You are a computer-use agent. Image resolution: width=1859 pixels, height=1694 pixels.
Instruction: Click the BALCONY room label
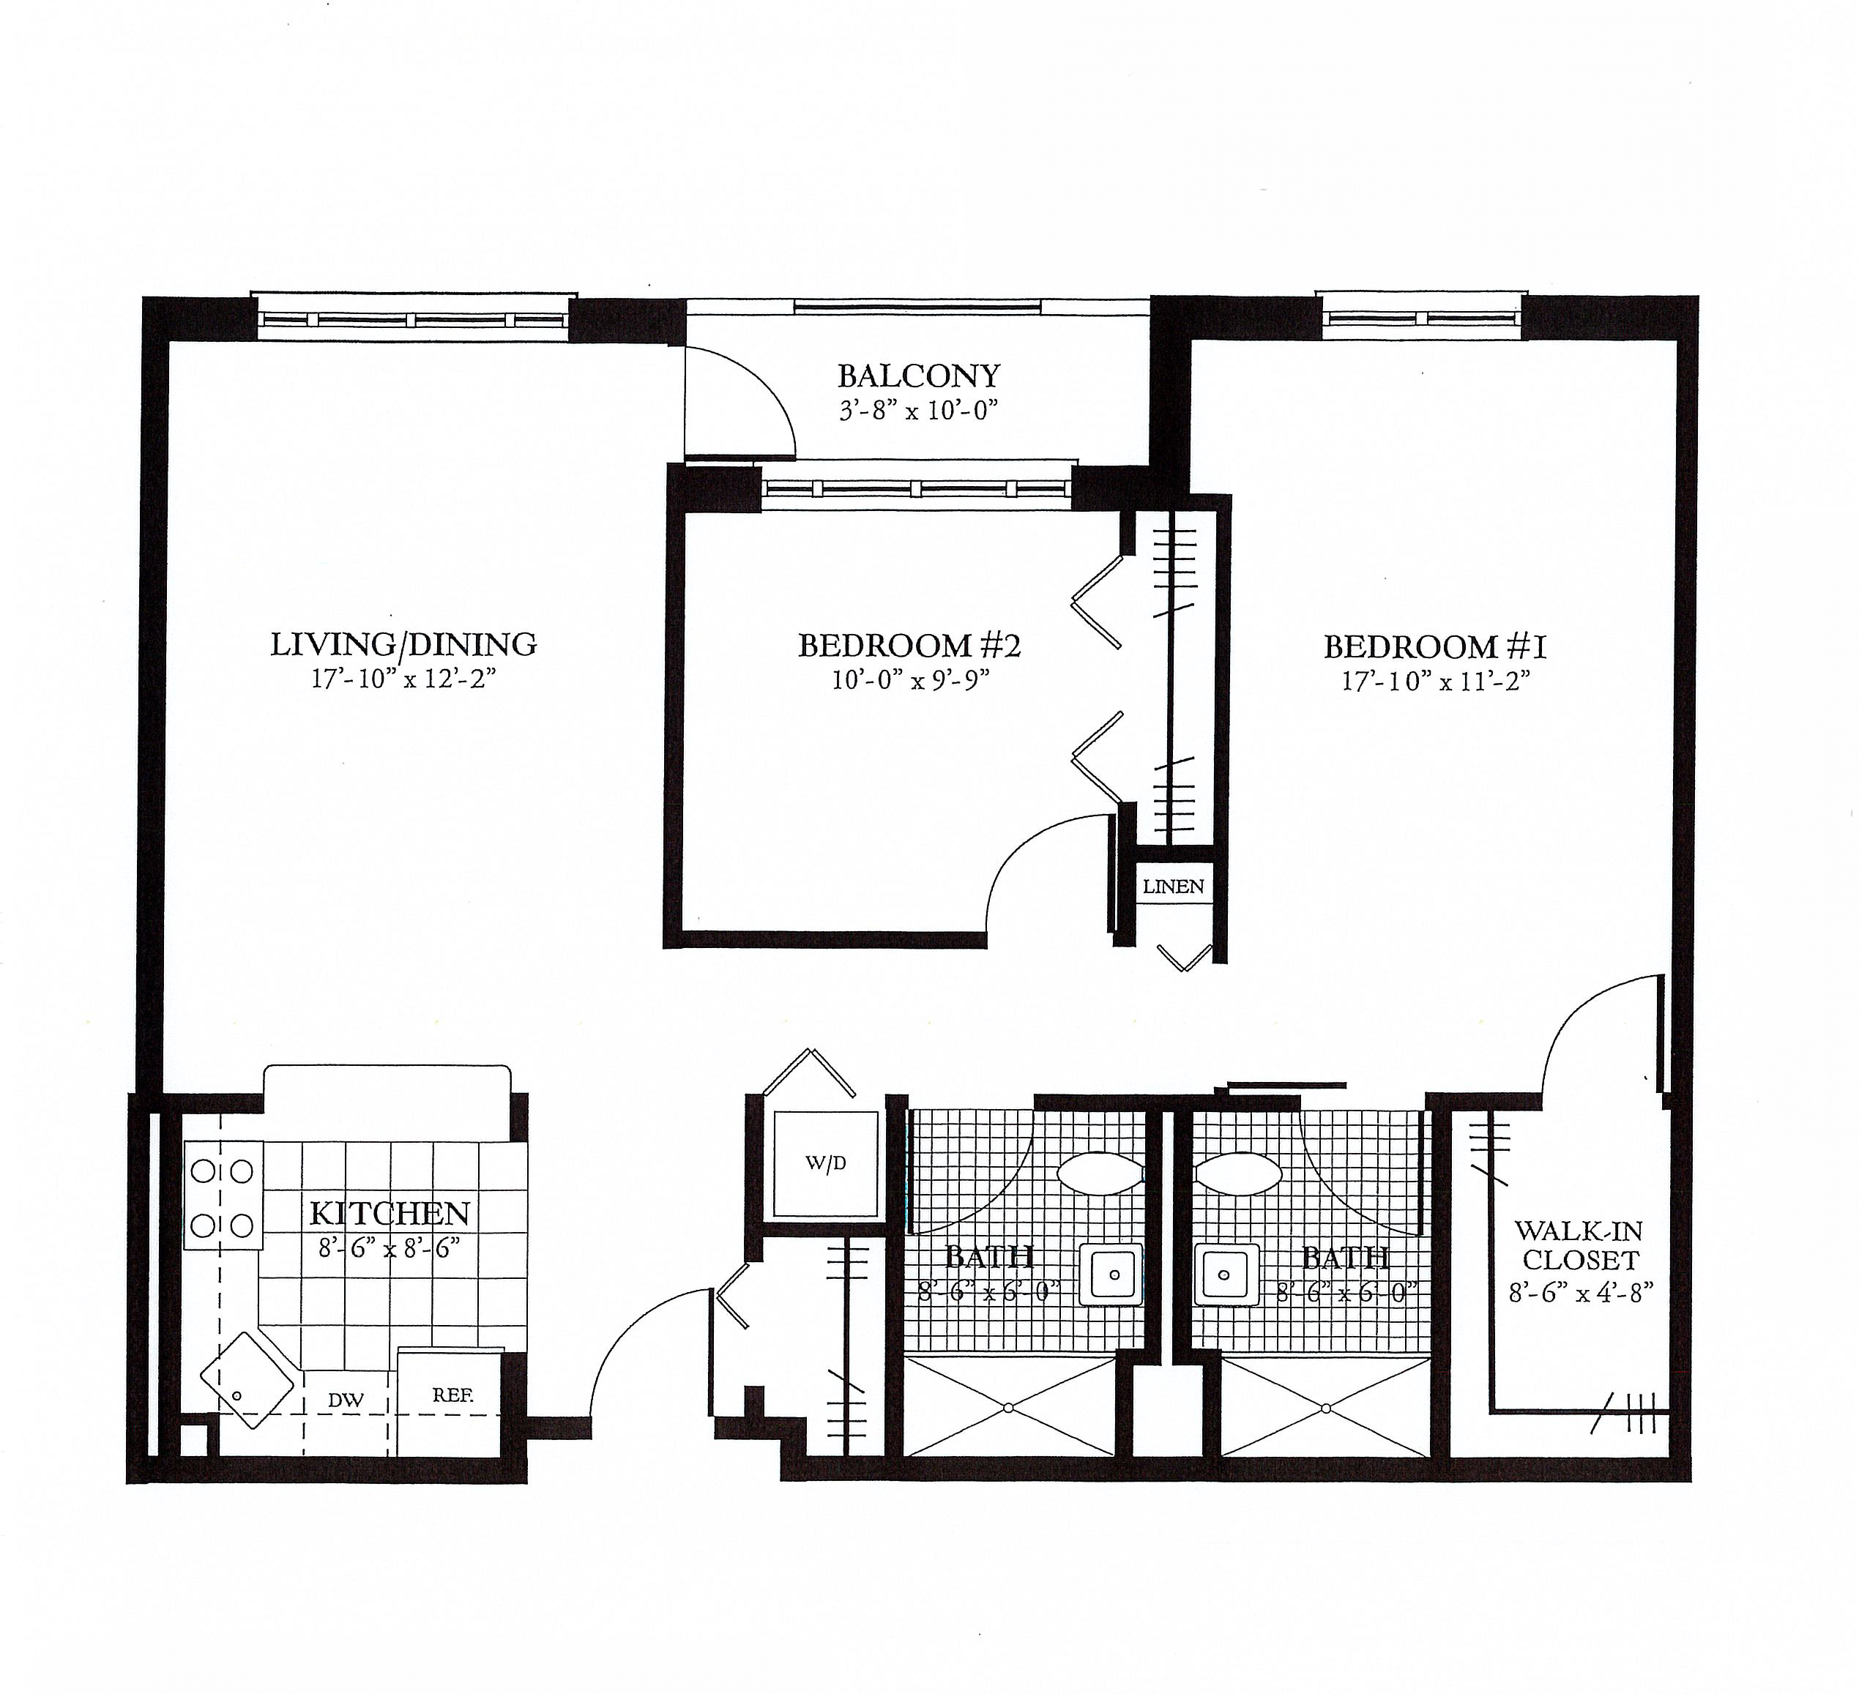[918, 376]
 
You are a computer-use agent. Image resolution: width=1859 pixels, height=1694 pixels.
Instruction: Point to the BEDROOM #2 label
[909, 646]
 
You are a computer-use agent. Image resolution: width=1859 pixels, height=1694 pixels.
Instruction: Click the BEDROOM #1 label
[1435, 647]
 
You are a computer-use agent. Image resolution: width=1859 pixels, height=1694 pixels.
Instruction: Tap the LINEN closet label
[1173, 887]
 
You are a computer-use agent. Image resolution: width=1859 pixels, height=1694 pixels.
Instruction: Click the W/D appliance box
[825, 1164]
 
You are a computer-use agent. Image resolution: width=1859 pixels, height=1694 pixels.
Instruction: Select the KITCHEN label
[390, 1212]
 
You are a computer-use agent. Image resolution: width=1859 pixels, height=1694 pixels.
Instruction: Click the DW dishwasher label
[346, 1400]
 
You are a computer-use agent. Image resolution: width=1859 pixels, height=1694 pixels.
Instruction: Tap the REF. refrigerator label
[452, 1395]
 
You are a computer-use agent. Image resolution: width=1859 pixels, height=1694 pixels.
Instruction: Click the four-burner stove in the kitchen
[223, 1196]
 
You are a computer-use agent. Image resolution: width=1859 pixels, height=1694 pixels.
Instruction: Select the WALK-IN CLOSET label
[1579, 1246]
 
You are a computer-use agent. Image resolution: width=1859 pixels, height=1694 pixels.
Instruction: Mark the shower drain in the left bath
[1008, 1408]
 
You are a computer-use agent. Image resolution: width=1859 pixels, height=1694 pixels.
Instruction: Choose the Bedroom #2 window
[917, 490]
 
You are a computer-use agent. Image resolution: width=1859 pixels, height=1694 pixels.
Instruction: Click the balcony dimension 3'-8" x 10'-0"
[918, 411]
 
